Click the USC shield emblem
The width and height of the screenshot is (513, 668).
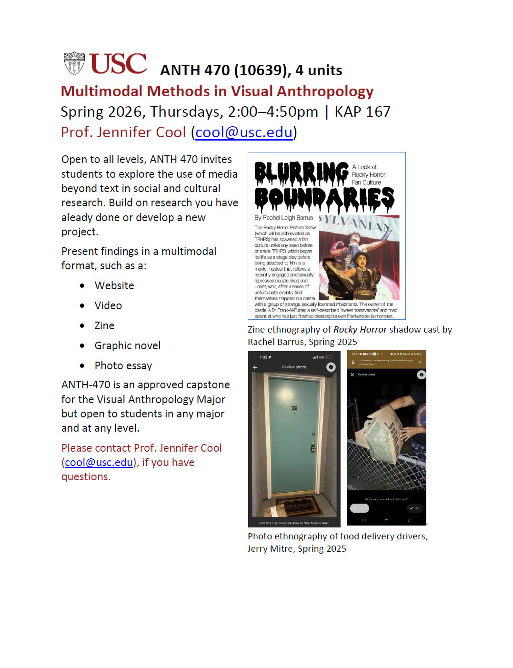coord(74,63)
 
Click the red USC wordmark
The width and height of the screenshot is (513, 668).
coord(118,64)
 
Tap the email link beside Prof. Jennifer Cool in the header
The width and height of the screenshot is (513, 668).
coord(244,132)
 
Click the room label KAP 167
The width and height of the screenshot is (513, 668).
coord(362,111)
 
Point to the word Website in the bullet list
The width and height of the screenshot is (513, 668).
coord(114,285)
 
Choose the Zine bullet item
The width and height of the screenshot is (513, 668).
coord(104,325)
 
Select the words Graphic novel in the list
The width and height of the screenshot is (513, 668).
coord(127,345)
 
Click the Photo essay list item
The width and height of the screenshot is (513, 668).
coord(123,365)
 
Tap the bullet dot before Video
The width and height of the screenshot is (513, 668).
coord(82,306)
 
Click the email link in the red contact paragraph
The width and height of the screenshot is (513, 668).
coord(99,462)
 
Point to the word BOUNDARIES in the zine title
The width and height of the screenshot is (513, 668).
coord(324,199)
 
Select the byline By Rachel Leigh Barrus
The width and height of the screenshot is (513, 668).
coord(283,218)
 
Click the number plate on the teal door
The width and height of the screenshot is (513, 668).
coord(294,408)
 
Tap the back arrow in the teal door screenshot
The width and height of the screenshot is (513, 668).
coord(255,367)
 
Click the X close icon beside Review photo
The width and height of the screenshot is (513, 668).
coord(352,375)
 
